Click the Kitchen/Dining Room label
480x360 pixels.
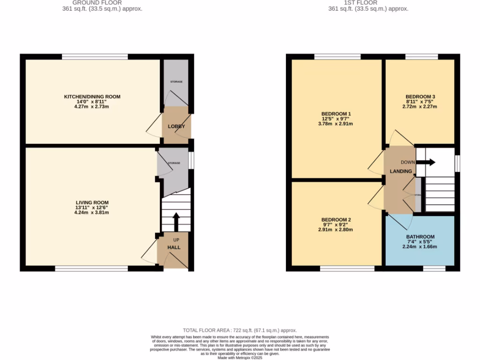pos(92,97)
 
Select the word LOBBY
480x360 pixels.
pos(177,127)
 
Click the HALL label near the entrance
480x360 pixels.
pos(174,247)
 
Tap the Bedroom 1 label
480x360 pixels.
pos(336,114)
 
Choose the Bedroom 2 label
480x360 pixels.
pos(336,220)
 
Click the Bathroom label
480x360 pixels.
pos(420,237)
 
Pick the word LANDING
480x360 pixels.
pos(401,172)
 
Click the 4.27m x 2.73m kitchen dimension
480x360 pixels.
pos(92,106)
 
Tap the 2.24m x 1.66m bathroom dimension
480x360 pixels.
pos(420,247)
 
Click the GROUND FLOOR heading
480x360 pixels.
pos(97,2)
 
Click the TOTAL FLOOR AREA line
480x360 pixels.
pos(240,330)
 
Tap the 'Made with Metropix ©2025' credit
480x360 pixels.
pos(240,357)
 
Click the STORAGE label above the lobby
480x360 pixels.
pos(176,82)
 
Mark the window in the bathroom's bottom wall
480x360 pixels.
pos(434,269)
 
